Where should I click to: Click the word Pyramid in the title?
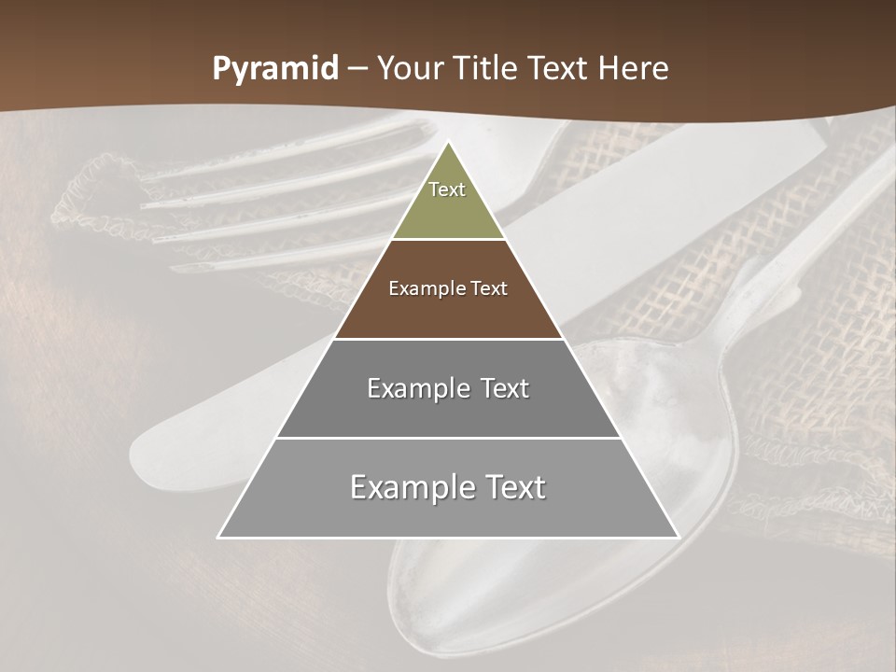(274, 69)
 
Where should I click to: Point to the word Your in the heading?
(409, 69)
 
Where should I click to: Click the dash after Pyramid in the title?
(357, 69)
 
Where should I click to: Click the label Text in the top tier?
(447, 189)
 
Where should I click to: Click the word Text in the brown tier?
(488, 288)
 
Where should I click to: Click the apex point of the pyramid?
(448, 142)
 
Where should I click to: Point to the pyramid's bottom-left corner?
(218, 537)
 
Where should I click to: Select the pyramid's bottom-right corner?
(678, 537)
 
